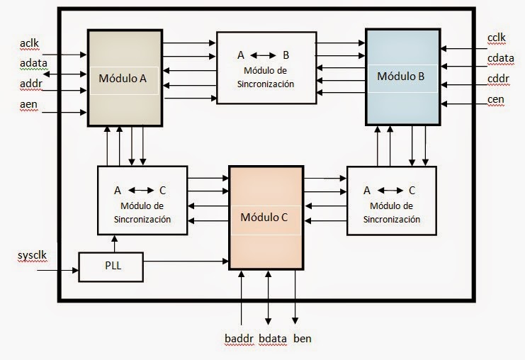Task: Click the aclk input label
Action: tap(29, 44)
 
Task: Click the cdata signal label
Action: tap(499, 58)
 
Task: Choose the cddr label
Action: tap(497, 78)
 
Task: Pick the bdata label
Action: tap(273, 338)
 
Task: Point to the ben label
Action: tap(302, 338)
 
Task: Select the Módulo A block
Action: tap(124, 78)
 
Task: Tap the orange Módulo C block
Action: tap(265, 216)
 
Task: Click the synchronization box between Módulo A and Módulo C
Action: tap(142, 201)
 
